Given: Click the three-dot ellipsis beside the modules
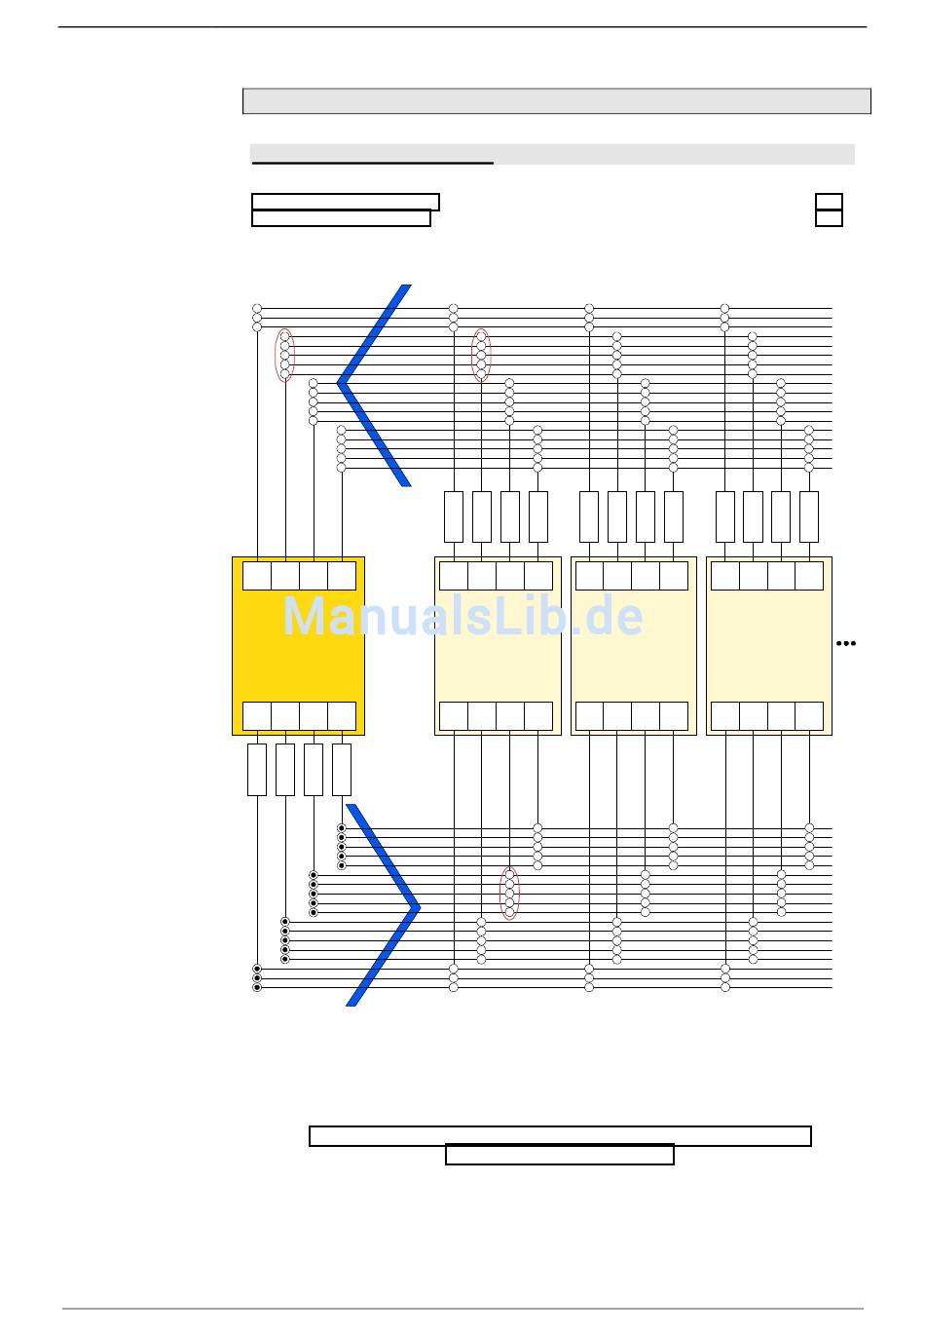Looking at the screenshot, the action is click(846, 643).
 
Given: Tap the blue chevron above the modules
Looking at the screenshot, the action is click(374, 384).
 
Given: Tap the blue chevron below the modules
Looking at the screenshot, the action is click(385, 906).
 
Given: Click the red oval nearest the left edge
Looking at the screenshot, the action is click(284, 356).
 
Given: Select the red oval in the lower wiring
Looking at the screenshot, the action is click(509, 893).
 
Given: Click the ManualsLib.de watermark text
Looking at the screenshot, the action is click(462, 617).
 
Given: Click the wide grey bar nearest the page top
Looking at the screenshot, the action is click(556, 101).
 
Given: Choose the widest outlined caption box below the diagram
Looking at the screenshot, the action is click(560, 1136).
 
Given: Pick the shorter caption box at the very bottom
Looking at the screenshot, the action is click(560, 1156).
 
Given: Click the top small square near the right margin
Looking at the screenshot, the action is click(829, 202).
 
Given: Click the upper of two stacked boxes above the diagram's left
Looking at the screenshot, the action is click(346, 202).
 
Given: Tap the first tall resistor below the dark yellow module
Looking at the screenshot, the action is click(257, 770).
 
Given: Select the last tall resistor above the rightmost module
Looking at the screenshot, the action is click(809, 516).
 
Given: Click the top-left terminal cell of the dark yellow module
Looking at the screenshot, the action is click(257, 576).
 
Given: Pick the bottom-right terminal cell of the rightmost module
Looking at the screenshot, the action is click(809, 716).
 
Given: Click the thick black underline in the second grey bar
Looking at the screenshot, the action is click(373, 163).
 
